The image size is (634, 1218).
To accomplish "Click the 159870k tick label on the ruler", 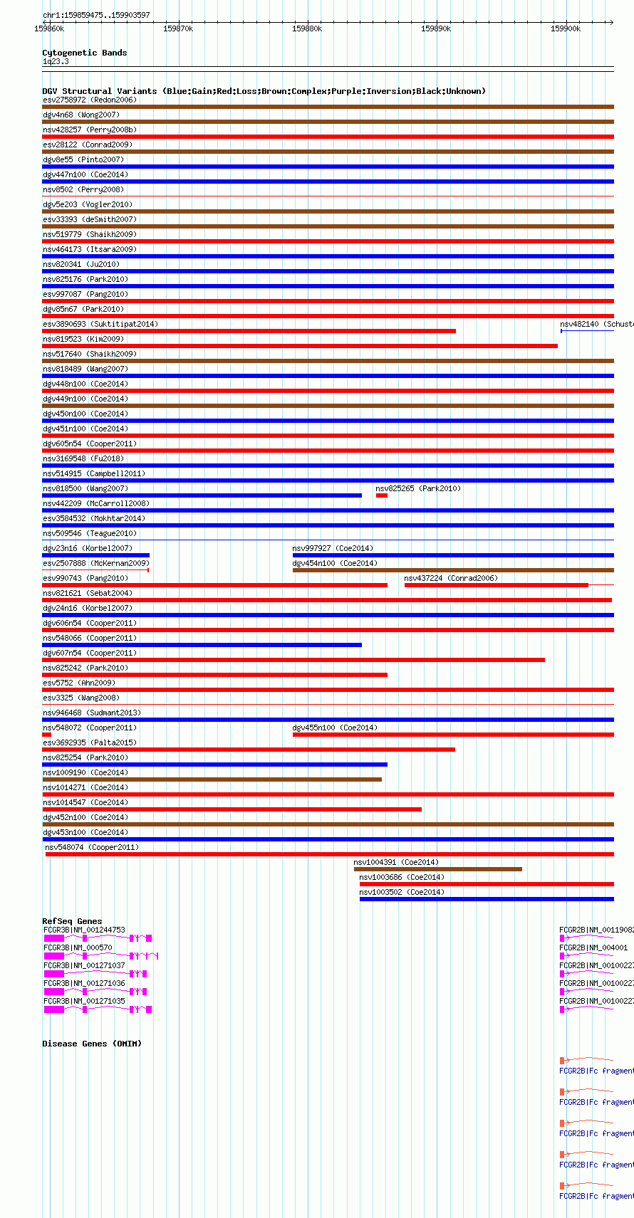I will tap(177, 28).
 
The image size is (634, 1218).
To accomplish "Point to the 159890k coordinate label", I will tap(435, 28).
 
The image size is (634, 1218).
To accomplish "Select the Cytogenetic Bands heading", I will tap(84, 53).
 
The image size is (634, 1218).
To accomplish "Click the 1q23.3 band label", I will tap(56, 62).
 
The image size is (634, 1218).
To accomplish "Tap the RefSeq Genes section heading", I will tap(72, 921).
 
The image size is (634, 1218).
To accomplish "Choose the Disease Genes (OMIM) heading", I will tap(92, 1044).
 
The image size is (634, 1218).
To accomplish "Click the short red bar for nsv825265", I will tap(382, 495).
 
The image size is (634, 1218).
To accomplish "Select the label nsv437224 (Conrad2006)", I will tap(451, 578).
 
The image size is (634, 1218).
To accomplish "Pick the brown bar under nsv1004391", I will tap(437, 869).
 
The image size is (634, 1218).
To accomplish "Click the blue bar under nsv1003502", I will tap(487, 899).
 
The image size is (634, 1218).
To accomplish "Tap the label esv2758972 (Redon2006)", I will tap(90, 100).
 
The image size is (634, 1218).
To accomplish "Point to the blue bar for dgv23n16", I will tap(96, 555).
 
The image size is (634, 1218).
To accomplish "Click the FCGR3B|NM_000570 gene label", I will tap(78, 947).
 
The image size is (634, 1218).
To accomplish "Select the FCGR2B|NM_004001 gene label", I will tap(593, 947).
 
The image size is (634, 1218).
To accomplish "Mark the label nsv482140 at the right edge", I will tap(596, 324).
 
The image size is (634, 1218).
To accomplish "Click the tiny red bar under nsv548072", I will tap(47, 735).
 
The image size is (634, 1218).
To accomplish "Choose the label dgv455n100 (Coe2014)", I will tap(335, 728).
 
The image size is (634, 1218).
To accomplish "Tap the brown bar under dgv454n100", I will tap(453, 570).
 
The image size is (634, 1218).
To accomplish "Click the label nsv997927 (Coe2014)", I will tap(333, 548).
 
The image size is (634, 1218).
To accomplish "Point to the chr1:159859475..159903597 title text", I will tap(96, 15).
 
